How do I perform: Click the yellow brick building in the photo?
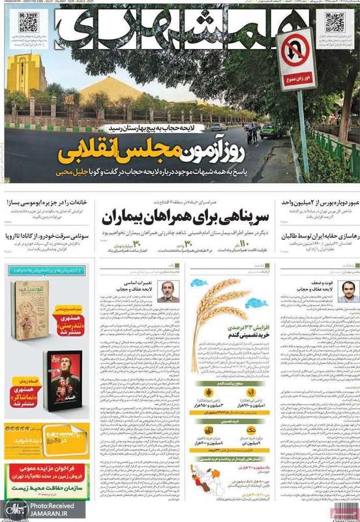27,74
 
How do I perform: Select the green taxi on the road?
269,130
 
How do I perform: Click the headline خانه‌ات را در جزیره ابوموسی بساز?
46,203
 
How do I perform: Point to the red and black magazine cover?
66,378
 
